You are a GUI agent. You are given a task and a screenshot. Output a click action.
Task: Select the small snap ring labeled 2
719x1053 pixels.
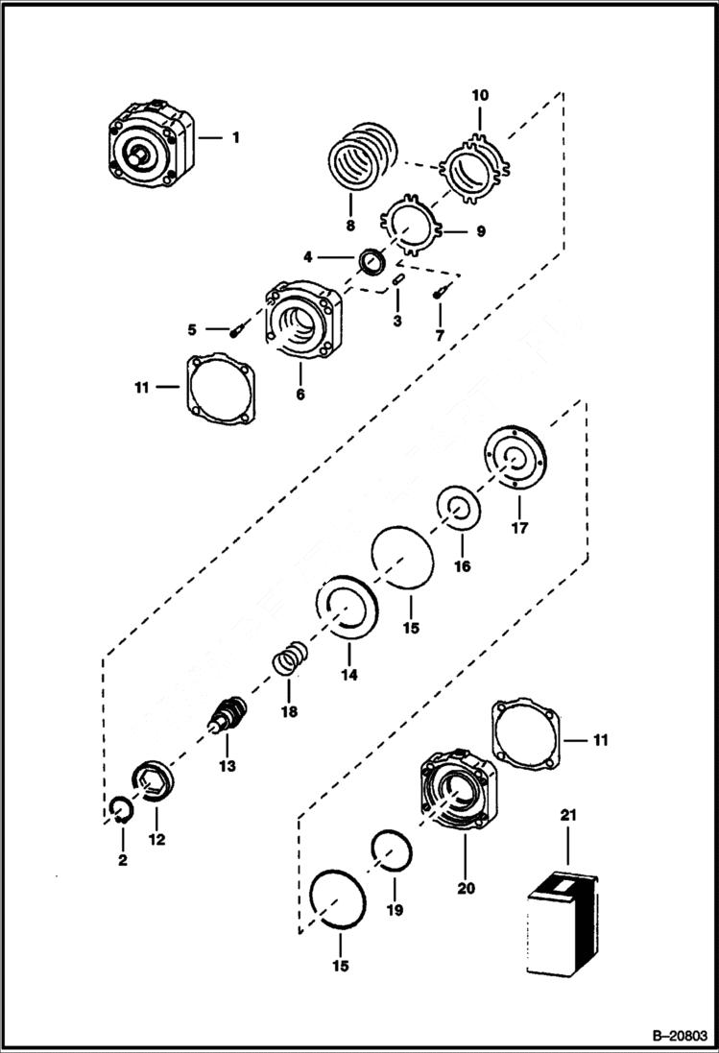point(118,810)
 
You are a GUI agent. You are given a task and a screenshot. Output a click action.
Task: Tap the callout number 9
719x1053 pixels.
point(480,231)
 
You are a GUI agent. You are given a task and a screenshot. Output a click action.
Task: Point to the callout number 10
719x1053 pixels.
point(480,95)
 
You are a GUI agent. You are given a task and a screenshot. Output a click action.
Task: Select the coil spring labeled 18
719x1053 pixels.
point(287,660)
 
